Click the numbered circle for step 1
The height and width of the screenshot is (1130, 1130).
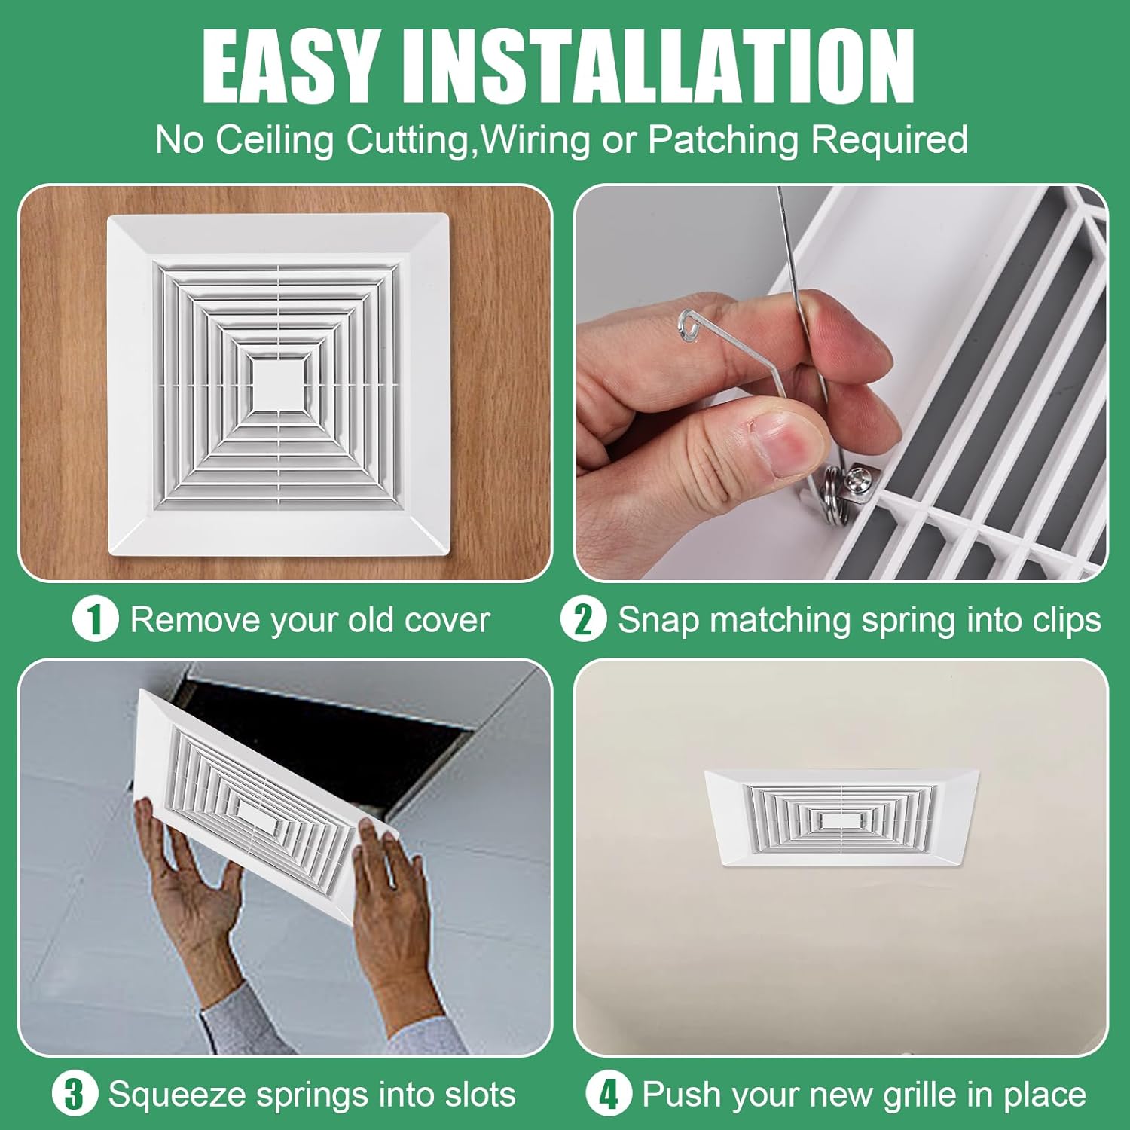click(x=95, y=620)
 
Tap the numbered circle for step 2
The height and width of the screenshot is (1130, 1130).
click(x=583, y=620)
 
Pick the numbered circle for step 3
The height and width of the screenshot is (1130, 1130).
click(x=75, y=1095)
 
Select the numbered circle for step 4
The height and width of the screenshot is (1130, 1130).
click(x=608, y=1095)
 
